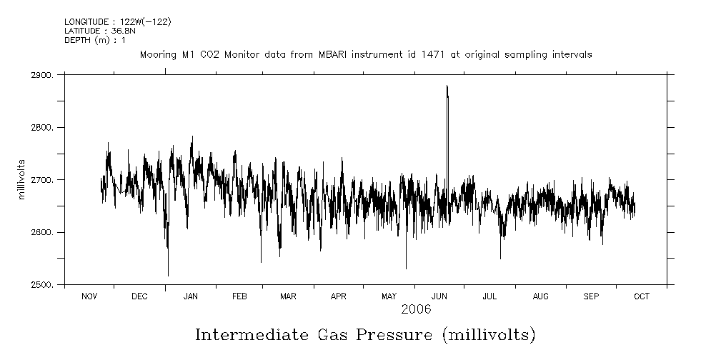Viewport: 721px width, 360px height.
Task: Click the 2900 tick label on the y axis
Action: (44, 75)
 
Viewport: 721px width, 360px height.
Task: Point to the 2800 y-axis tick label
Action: (44, 128)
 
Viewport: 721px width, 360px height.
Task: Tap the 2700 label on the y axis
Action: (44, 180)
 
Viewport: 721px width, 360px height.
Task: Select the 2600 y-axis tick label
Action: (44, 233)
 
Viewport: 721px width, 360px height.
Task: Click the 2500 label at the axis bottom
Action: (44, 285)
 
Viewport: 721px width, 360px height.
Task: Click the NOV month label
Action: (89, 296)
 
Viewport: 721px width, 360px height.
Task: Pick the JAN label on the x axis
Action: (191, 296)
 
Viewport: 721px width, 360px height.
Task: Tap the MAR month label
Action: (288, 296)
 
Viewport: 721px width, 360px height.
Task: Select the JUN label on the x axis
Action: (439, 296)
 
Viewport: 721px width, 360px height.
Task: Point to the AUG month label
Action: (541, 296)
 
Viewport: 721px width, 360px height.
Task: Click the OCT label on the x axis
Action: (642, 296)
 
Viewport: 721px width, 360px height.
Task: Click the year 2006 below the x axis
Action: (416, 309)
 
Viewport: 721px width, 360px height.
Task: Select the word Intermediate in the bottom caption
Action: (246, 334)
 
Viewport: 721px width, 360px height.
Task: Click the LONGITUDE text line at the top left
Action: (118, 22)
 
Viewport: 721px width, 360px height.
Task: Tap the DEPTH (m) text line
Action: (95, 40)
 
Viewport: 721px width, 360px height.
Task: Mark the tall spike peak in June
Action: (447, 86)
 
